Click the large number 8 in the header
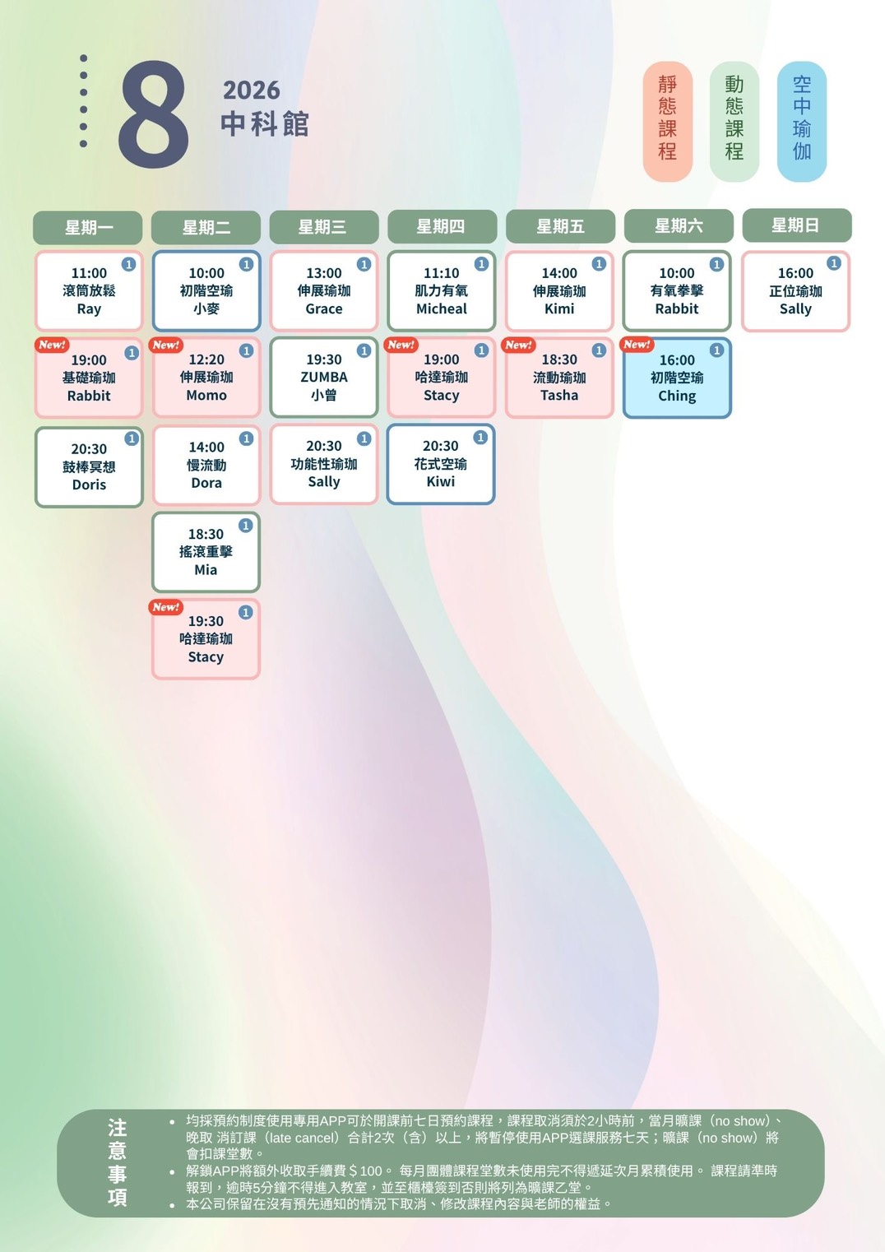point(153,114)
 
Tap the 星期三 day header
point(324,227)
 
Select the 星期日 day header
point(797,225)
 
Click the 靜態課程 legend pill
point(668,121)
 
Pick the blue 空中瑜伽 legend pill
point(802,121)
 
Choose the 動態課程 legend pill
point(734,121)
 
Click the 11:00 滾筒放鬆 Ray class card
point(89,290)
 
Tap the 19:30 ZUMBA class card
point(324,378)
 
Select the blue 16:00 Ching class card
point(677,378)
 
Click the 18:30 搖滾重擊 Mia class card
point(206,552)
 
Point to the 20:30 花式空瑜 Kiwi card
point(440,464)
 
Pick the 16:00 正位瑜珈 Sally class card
point(795,290)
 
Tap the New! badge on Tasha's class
point(518,345)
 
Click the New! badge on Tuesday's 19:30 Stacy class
point(165,607)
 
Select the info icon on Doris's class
point(132,438)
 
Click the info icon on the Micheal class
point(481,264)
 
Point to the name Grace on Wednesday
point(324,309)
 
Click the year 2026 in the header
point(252,90)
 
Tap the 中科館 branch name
point(265,123)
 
